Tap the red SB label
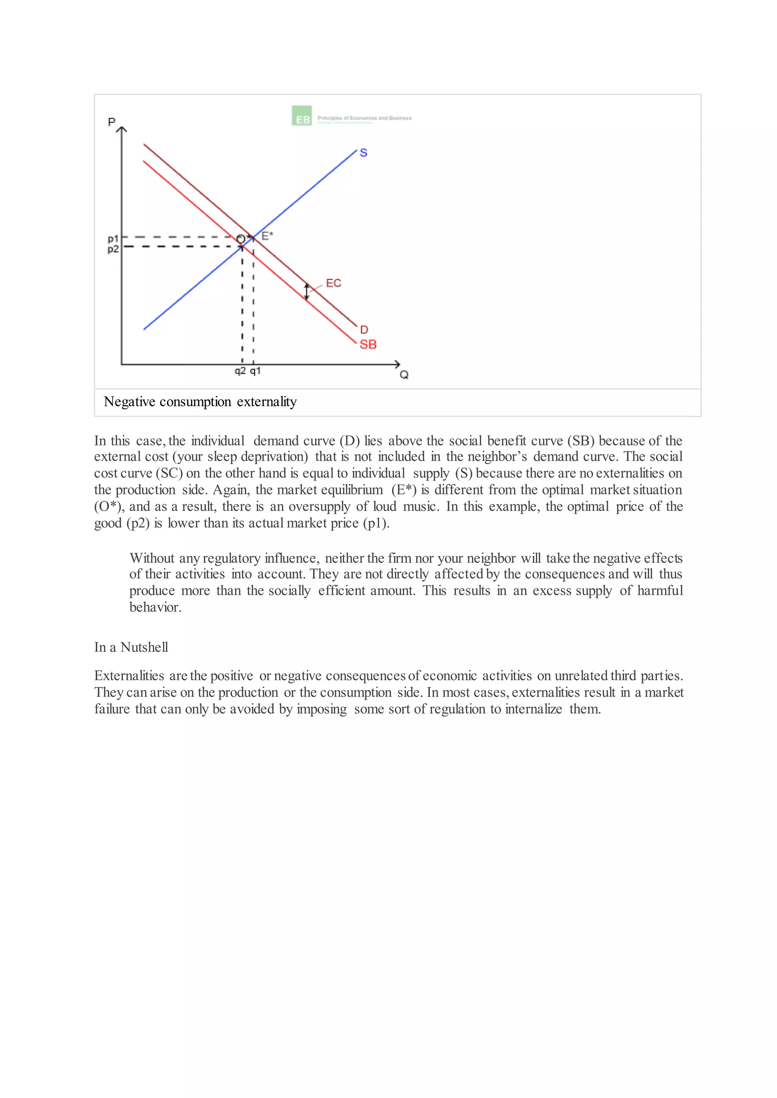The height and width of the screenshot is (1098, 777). pyautogui.click(x=368, y=344)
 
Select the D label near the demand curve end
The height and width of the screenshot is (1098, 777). pyautogui.click(x=364, y=330)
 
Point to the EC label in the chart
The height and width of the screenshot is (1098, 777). pyautogui.click(x=333, y=283)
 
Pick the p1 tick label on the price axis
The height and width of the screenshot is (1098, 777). pyautogui.click(x=113, y=238)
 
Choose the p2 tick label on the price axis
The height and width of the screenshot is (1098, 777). pyautogui.click(x=113, y=249)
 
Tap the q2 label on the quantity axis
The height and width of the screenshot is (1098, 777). pyautogui.click(x=240, y=371)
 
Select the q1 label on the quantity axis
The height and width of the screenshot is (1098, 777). pyautogui.click(x=255, y=371)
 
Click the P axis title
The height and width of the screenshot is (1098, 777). pyautogui.click(x=112, y=122)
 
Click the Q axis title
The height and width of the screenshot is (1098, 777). pyautogui.click(x=404, y=375)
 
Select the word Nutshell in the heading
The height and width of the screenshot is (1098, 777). pyautogui.click(x=144, y=648)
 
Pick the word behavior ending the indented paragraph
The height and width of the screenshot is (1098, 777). pyautogui.click(x=155, y=607)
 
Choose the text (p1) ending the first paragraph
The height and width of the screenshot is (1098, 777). pyautogui.click(x=376, y=523)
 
